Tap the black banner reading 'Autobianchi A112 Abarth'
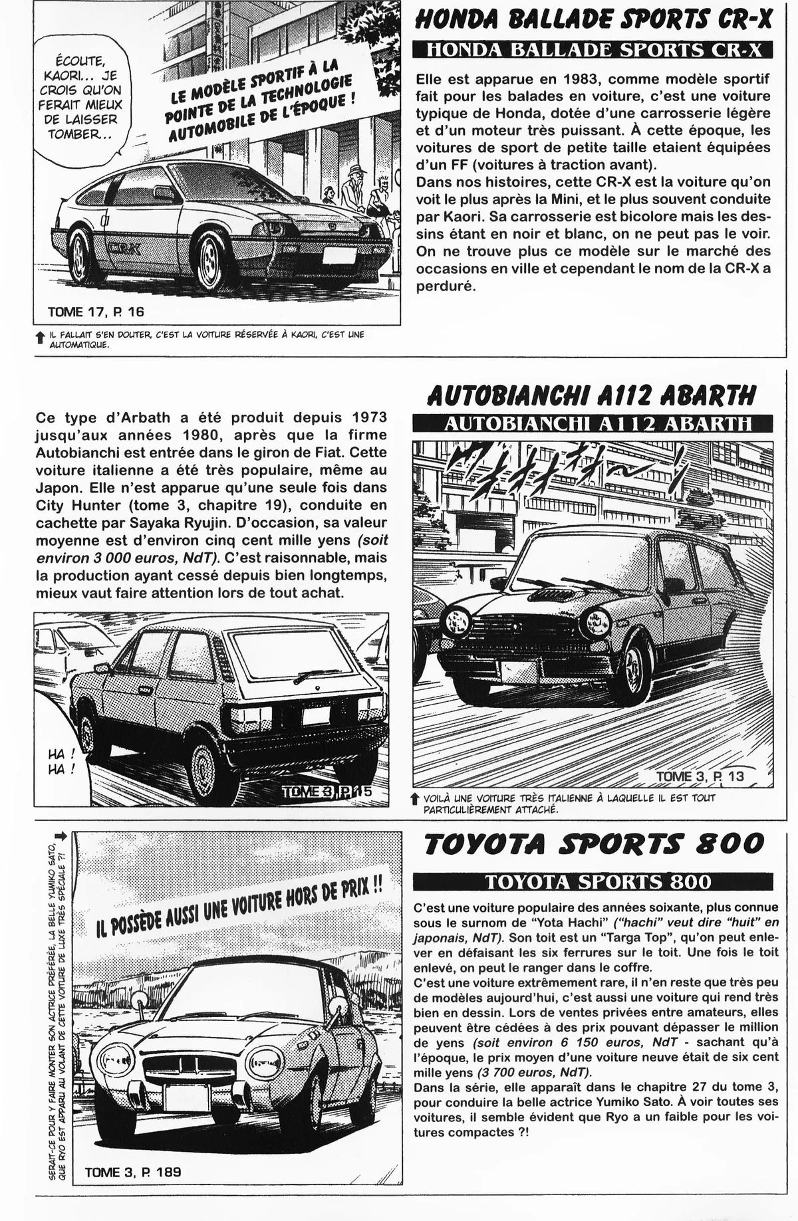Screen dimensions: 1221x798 [x=592, y=423]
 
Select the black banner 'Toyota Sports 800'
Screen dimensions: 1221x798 [x=592, y=881]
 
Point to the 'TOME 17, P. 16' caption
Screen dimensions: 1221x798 [x=95, y=311]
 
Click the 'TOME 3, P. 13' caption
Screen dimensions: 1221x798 [x=700, y=776]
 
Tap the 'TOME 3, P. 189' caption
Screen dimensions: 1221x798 [x=133, y=1190]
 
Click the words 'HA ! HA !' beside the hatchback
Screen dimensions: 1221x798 [x=62, y=762]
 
